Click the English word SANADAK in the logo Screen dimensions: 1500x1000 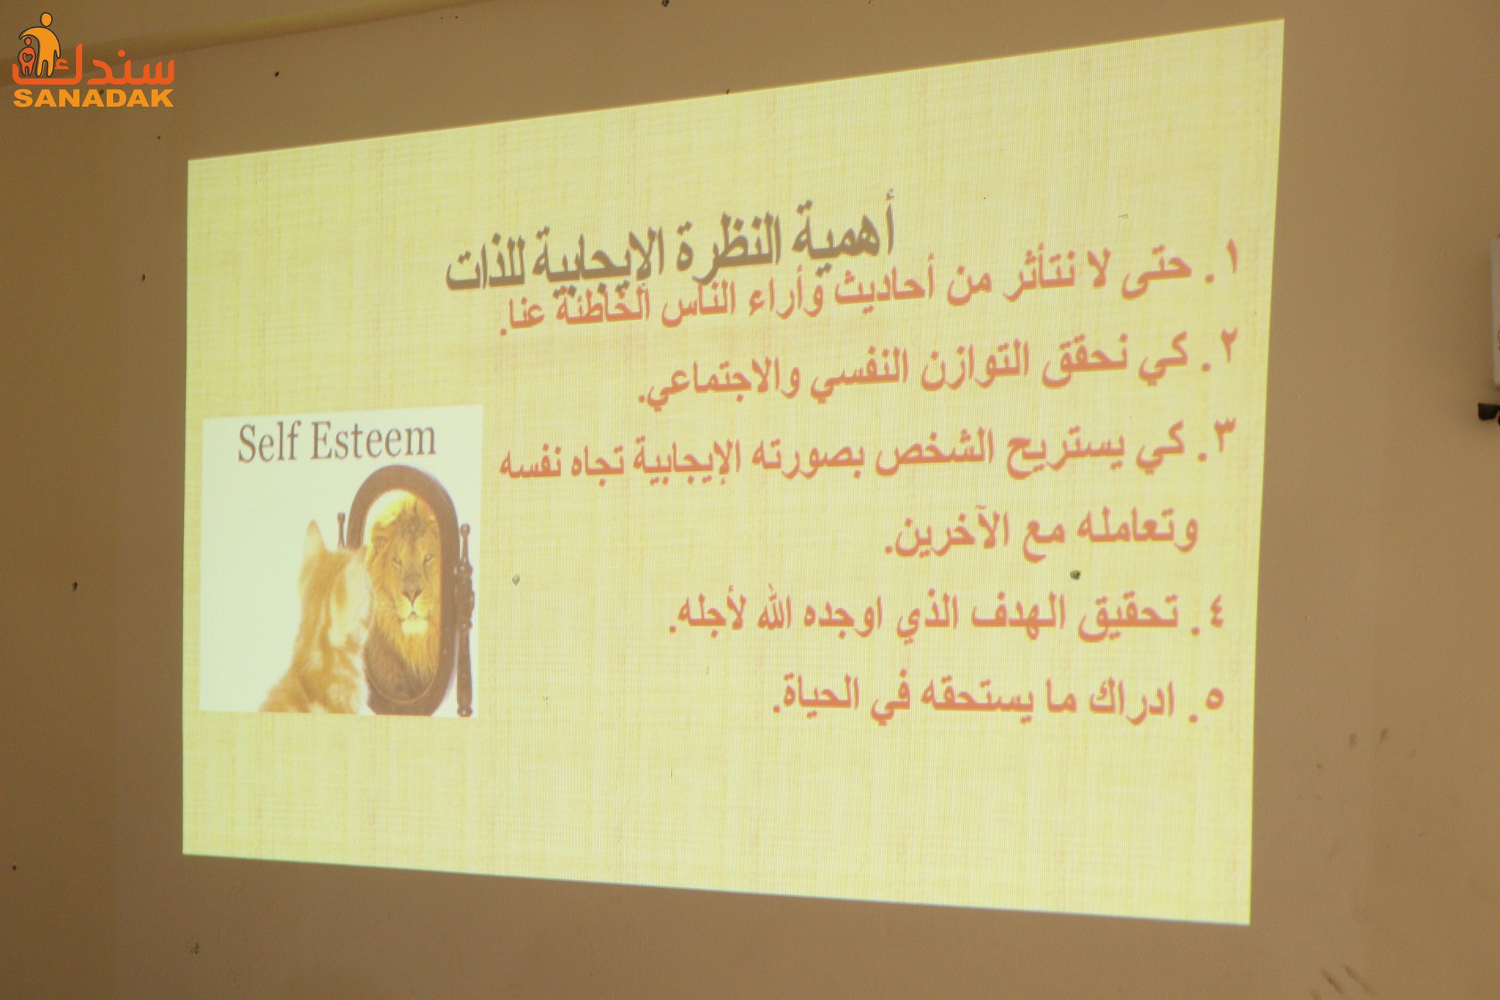[93, 98]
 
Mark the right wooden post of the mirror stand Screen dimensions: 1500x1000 [464, 619]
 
